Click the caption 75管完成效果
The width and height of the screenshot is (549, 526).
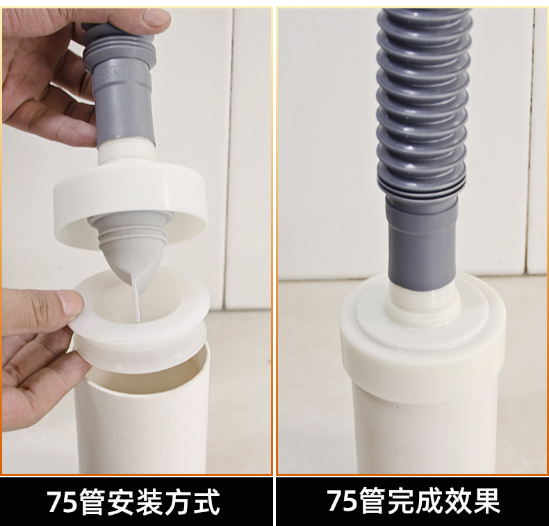(413, 501)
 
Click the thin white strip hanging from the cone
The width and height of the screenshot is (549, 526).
(136, 299)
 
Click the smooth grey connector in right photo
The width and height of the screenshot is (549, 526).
(421, 240)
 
